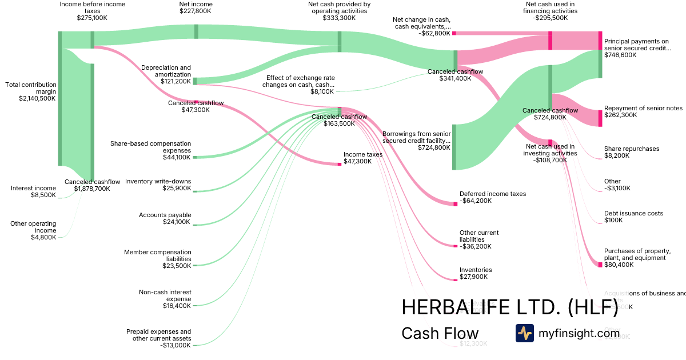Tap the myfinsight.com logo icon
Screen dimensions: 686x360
524,333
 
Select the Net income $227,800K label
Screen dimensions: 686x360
196,7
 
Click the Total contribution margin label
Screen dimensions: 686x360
31,91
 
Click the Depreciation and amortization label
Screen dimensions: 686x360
166,74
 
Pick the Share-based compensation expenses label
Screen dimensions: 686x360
151,150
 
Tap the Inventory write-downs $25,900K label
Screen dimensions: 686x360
158,185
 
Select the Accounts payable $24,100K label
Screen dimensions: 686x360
165,218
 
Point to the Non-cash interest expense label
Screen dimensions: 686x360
165,299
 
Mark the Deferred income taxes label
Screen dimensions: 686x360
493,197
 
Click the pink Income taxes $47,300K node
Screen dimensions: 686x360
339,164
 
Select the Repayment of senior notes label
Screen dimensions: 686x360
643,111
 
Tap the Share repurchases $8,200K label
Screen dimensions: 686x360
631,152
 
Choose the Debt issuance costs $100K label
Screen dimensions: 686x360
633,217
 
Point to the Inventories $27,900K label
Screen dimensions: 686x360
476,273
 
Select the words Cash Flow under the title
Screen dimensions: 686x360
440,333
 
